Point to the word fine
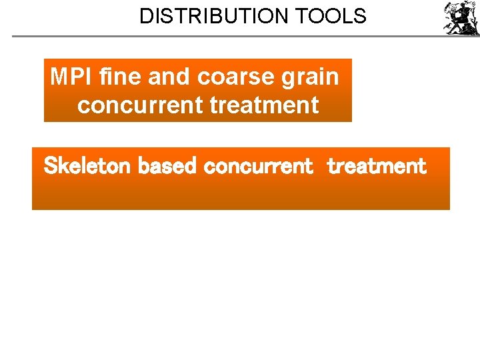tap(119, 77)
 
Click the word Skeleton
tap(87, 166)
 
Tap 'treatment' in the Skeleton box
tap(376, 166)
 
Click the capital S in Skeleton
tap(50, 166)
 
